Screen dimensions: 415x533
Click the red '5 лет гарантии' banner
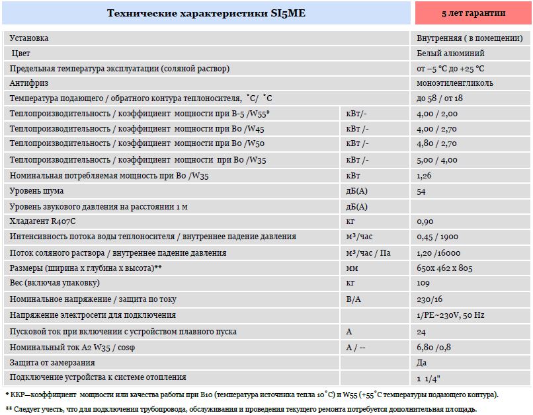pyautogui.click(x=473, y=13)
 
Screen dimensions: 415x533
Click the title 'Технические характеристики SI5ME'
pyautogui.click(x=206, y=13)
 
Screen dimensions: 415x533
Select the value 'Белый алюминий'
pyautogui.click(x=450, y=54)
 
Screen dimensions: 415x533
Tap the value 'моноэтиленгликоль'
pyautogui.click(x=455, y=83)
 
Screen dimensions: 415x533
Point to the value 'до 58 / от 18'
pyautogui.click(x=440, y=98)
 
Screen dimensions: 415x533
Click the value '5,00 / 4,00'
pyautogui.click(x=437, y=160)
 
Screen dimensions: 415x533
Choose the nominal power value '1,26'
pyautogui.click(x=425, y=176)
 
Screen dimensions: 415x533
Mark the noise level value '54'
pyautogui.click(x=421, y=191)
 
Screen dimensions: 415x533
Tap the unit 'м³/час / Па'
pyautogui.click(x=368, y=252)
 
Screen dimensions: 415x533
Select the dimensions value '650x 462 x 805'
pyautogui.click(x=445, y=268)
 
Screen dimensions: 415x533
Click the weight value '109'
pyautogui.click(x=423, y=283)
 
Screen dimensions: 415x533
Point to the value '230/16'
pyautogui.click(x=430, y=299)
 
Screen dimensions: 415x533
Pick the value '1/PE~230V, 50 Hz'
pyautogui.click(x=450, y=315)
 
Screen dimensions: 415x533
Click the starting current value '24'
pyautogui.click(x=422, y=332)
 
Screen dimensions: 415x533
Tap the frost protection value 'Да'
pyautogui.click(x=422, y=363)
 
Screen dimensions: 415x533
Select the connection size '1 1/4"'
pyautogui.click(x=429, y=379)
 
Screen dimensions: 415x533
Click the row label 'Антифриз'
pyautogui.click(x=29, y=83)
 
